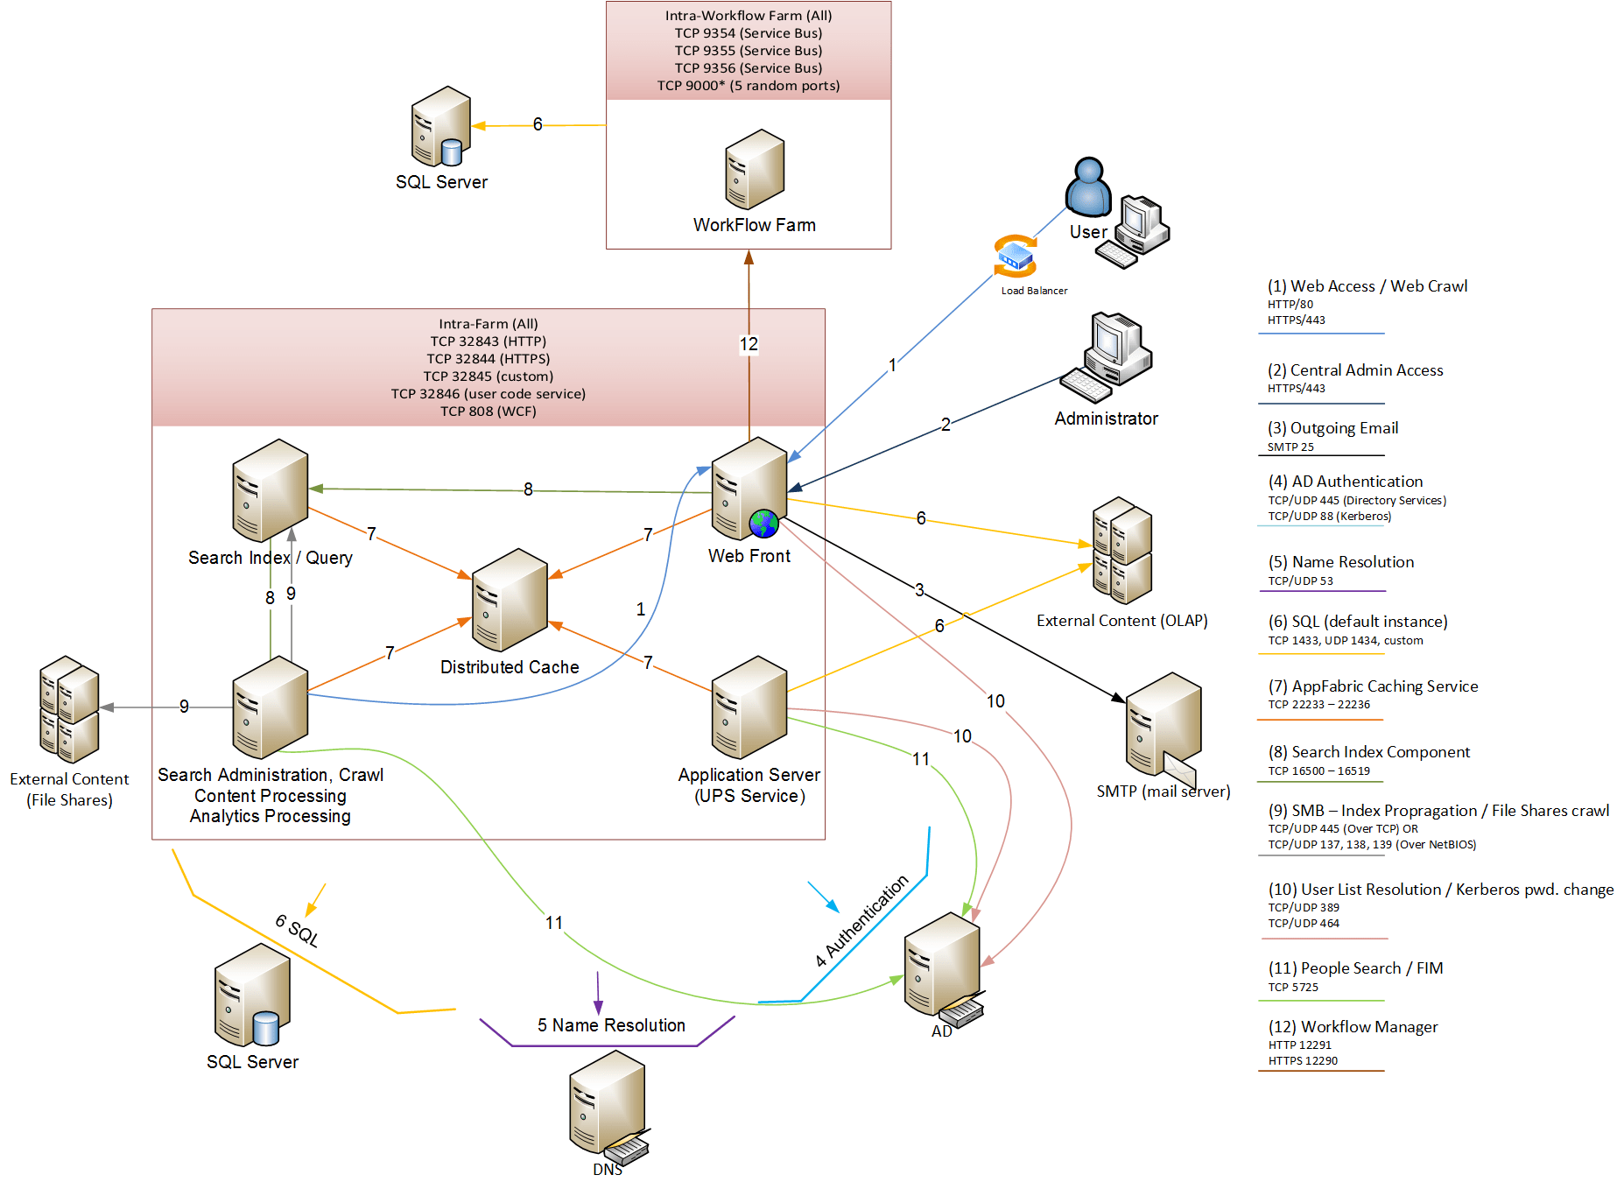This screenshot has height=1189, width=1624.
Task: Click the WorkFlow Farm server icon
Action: pyautogui.click(x=755, y=169)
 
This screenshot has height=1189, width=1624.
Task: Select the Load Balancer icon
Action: pyautogui.click(x=1016, y=256)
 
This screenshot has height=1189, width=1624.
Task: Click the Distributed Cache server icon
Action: pyautogui.click(x=510, y=600)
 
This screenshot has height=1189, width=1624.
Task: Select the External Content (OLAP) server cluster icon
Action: pyautogui.click(x=1122, y=550)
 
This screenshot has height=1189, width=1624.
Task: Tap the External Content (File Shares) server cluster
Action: pyautogui.click(x=69, y=709)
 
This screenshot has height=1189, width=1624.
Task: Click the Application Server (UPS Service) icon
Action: pyautogui.click(x=749, y=707)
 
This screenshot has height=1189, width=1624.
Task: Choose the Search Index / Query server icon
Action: pyautogui.click(x=271, y=490)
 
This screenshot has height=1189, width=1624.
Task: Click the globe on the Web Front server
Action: pyautogui.click(x=764, y=524)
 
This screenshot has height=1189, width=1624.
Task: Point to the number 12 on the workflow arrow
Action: pyautogui.click(x=749, y=344)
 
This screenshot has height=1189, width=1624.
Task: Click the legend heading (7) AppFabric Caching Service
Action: pyautogui.click(x=1373, y=686)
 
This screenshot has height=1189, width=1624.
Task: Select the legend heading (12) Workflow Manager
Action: pyautogui.click(x=1353, y=1027)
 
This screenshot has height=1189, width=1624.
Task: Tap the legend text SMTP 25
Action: pyautogui.click(x=1290, y=447)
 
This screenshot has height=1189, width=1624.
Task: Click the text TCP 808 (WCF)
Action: pyautogui.click(x=489, y=412)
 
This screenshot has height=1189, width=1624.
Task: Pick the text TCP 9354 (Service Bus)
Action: pyautogui.click(x=749, y=33)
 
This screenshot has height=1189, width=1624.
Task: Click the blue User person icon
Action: pyautogui.click(x=1088, y=186)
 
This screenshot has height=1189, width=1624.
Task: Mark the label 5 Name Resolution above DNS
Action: pyautogui.click(x=611, y=1025)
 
